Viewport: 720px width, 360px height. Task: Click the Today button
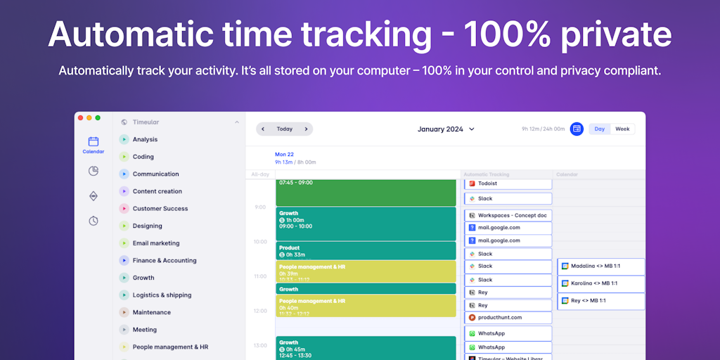point(284,129)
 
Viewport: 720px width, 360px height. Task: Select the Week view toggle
point(622,129)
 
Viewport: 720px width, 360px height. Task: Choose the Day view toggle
point(600,129)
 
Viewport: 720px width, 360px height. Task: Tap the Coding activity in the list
point(143,157)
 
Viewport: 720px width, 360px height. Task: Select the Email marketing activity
point(155,243)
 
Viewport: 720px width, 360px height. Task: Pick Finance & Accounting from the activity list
point(164,260)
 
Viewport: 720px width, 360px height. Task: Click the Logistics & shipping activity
point(161,295)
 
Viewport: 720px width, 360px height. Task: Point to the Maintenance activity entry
point(151,312)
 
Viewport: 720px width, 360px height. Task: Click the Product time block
point(366,250)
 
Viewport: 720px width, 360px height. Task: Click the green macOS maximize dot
point(98,117)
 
